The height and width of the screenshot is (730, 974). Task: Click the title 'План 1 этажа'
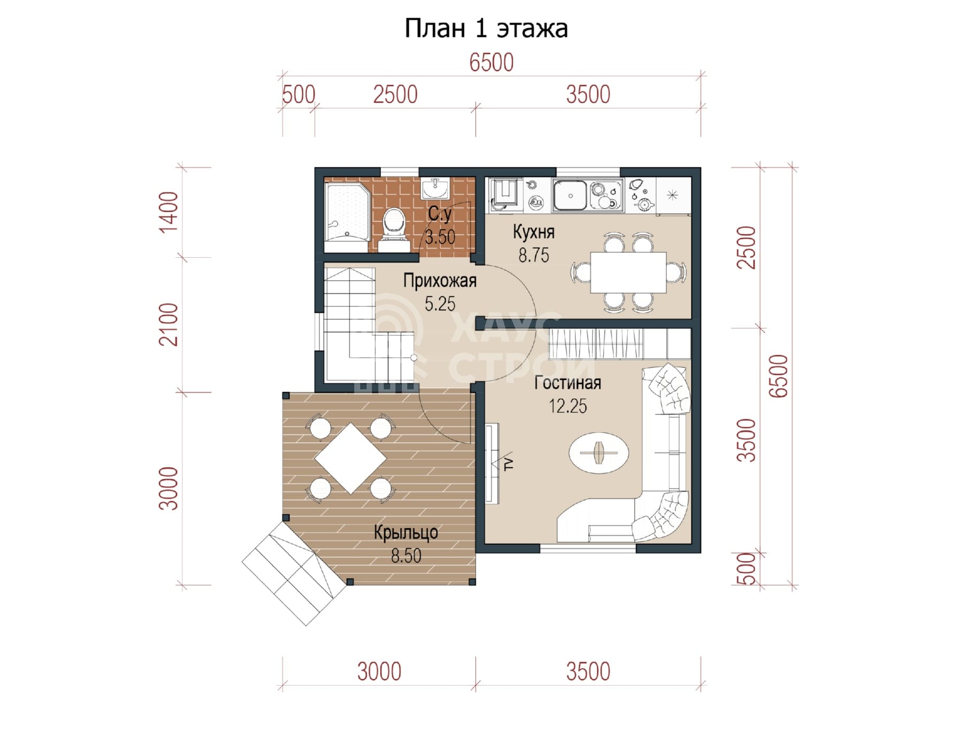(x=486, y=28)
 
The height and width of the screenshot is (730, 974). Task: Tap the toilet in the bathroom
(x=394, y=229)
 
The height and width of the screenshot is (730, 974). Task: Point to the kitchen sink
(x=570, y=195)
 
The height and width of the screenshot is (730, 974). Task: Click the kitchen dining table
(x=628, y=272)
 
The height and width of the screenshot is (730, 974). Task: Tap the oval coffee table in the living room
(x=598, y=452)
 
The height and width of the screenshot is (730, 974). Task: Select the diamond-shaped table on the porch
(x=351, y=458)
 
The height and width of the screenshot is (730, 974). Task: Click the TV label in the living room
(x=508, y=463)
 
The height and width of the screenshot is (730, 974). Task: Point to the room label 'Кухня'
(x=534, y=232)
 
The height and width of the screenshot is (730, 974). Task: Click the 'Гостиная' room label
(x=568, y=383)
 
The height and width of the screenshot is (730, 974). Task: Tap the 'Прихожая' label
(x=440, y=281)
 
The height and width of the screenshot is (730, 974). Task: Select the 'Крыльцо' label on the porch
(x=406, y=533)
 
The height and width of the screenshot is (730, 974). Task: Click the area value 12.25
(x=568, y=406)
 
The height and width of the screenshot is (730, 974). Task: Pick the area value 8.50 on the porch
(x=406, y=556)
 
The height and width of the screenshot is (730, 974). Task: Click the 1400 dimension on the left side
(x=169, y=212)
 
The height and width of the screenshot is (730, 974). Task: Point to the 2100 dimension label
(x=169, y=325)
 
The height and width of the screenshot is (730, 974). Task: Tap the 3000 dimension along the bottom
(x=379, y=671)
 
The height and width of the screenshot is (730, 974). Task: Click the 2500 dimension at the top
(x=395, y=95)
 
